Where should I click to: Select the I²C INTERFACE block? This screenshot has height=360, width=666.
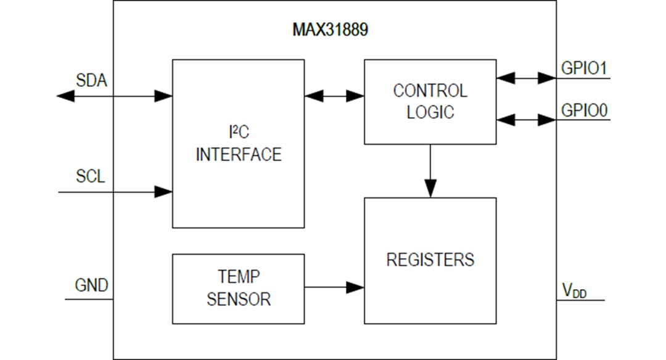click(x=238, y=144)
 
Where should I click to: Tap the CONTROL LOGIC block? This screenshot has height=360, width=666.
click(x=430, y=102)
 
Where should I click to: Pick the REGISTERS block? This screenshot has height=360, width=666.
click(x=430, y=260)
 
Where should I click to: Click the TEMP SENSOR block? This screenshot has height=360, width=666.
click(x=238, y=288)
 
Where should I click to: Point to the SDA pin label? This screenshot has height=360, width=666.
click(x=91, y=80)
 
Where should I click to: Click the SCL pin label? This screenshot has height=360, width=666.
click(x=91, y=176)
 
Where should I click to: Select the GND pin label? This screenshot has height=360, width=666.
click(x=91, y=285)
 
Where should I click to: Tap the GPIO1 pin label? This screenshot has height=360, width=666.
click(x=583, y=68)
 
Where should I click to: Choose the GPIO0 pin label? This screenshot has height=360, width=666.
click(x=583, y=110)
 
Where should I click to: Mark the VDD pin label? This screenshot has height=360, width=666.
click(x=574, y=291)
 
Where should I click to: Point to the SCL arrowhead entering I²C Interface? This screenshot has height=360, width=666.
click(x=163, y=192)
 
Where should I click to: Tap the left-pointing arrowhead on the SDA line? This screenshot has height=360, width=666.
click(x=65, y=96)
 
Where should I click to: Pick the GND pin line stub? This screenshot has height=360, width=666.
click(x=89, y=300)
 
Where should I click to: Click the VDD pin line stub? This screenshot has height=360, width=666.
click(x=580, y=300)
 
